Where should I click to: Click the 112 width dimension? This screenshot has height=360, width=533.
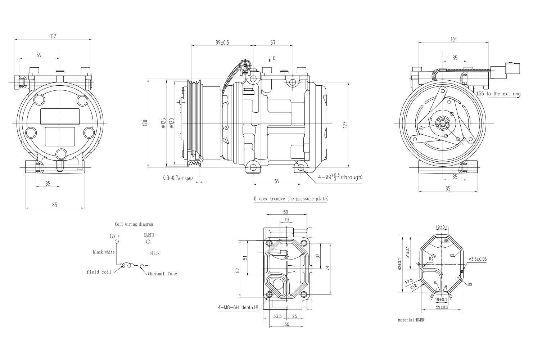[53, 36]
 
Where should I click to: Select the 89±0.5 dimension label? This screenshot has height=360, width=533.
[222, 42]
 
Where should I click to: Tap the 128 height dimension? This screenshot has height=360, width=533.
[145, 123]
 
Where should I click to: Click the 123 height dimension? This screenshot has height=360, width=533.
[345, 125]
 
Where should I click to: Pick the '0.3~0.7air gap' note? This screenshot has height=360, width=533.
[178, 178]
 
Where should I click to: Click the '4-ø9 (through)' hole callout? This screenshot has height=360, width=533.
[340, 177]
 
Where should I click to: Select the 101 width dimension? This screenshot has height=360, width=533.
[453, 40]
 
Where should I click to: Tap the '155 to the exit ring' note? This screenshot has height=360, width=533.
[498, 94]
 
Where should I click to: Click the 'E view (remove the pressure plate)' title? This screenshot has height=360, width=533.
[291, 198]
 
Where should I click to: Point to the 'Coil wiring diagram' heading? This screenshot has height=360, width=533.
[134, 224]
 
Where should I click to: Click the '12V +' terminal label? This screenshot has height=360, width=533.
[114, 235]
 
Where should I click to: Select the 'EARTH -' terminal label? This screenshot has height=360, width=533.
[150, 235]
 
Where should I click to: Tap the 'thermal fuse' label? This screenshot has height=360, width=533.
[162, 274]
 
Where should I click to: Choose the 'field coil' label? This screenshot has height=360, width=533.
[99, 272]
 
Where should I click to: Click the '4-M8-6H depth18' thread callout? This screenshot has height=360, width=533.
[238, 307]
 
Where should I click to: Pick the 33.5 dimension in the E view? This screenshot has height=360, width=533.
[277, 316]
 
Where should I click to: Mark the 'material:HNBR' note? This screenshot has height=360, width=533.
[411, 320]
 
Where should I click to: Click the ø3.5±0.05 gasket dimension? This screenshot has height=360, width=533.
[478, 259]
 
